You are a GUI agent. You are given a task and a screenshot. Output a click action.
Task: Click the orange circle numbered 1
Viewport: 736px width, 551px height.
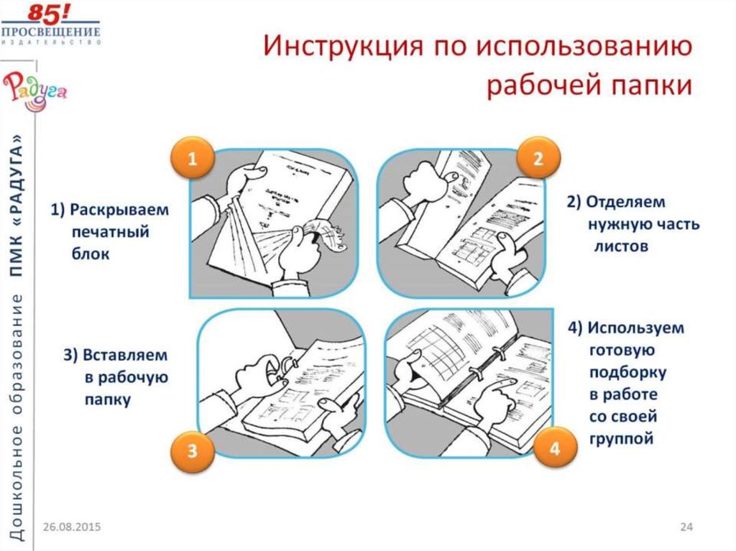point(192,160)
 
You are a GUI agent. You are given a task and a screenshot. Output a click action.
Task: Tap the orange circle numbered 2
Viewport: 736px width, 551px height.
point(538,160)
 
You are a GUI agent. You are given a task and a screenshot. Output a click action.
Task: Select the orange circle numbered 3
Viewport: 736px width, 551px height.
point(192,451)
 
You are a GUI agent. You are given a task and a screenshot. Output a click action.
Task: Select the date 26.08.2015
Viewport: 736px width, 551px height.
point(70,527)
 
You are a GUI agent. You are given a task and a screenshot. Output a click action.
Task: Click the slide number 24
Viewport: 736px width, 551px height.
point(686,527)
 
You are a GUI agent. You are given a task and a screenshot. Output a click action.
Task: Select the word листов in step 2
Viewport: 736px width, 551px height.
point(621,246)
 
